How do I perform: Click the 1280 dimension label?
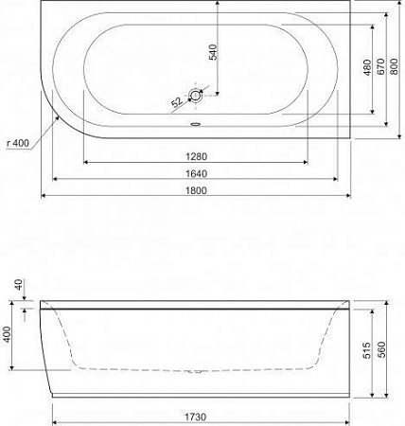tap(196, 157)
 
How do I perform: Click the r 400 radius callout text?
tap(18, 143)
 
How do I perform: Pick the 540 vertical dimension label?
tap(214, 53)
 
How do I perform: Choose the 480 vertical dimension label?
tap(364, 67)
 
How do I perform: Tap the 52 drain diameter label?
tap(177, 100)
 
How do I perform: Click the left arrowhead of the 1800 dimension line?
tap(44, 197)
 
